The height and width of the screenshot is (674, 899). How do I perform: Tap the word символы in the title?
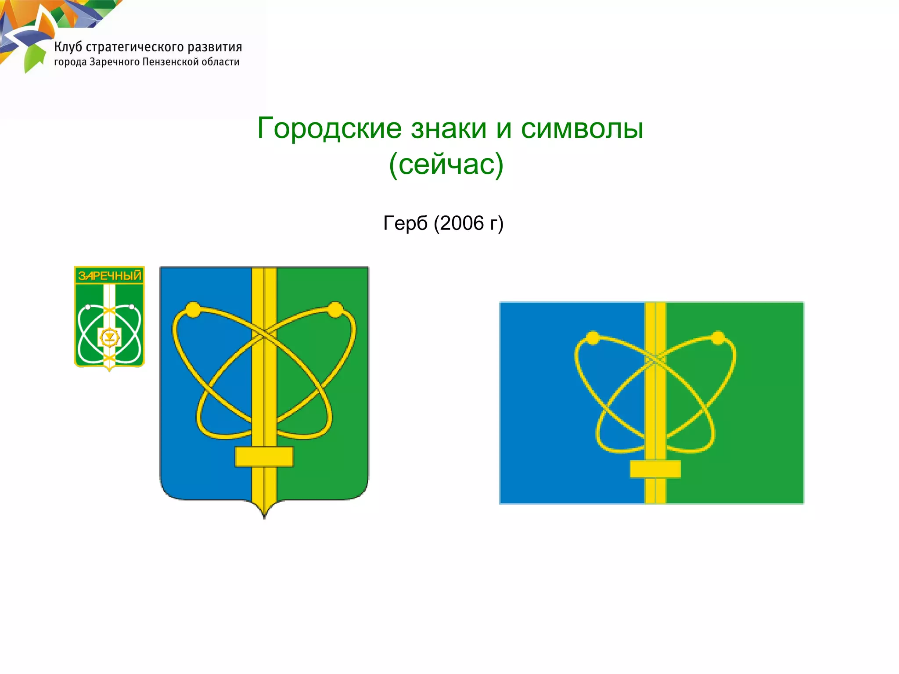click(x=582, y=129)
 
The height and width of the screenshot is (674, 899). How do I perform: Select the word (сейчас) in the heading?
click(x=446, y=164)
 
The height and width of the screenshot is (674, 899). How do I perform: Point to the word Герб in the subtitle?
click(x=405, y=223)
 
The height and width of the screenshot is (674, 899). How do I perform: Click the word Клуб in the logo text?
click(x=68, y=47)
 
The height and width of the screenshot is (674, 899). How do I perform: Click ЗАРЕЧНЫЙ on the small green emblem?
click(x=110, y=276)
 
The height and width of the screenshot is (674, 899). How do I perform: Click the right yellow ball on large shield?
click(x=335, y=309)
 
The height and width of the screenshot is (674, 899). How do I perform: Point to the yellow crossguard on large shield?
click(x=264, y=457)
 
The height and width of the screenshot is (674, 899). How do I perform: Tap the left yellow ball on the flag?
click(x=593, y=338)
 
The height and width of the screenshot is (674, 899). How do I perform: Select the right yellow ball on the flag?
click(x=718, y=338)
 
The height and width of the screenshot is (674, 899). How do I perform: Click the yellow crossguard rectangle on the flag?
click(x=655, y=469)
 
